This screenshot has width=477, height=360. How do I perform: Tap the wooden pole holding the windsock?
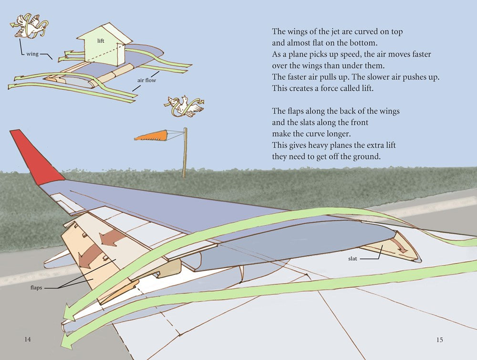tap(185, 152)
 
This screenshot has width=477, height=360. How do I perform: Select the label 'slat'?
tap(353, 259)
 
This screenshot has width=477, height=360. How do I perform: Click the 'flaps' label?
tap(36, 287)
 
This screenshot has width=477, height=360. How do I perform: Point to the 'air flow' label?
tap(146, 80)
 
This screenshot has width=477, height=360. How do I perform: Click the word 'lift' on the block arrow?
tap(101, 41)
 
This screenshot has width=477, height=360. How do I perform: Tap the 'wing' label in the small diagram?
tap(32, 54)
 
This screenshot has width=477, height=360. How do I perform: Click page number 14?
tap(27, 339)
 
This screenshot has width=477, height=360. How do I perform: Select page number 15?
tap(440, 340)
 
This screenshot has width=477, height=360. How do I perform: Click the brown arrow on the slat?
tap(399, 245)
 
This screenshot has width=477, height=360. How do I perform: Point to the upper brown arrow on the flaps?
tap(113, 236)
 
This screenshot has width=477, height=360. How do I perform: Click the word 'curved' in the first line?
tap(365, 32)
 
